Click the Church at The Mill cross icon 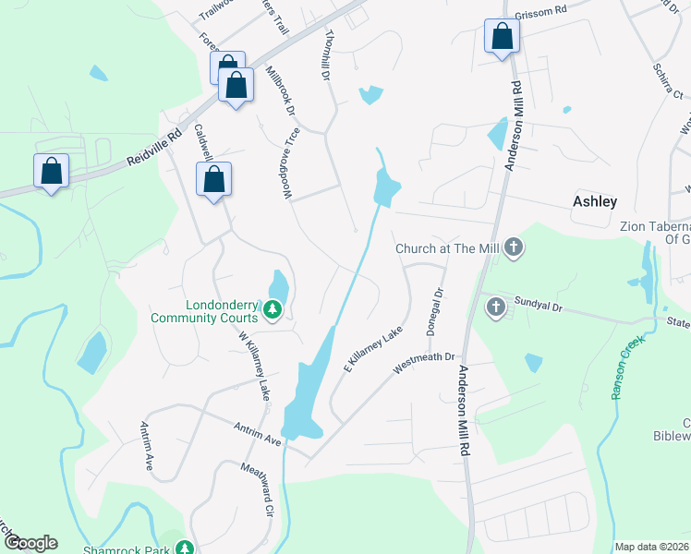click(514, 247)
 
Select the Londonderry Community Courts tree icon click(273, 310)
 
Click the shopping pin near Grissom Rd click(502, 37)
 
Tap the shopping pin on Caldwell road click(213, 180)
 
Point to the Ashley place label click(594, 201)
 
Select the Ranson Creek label click(627, 367)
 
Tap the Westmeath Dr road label click(425, 357)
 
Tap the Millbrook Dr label click(280, 90)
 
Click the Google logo click(30, 543)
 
